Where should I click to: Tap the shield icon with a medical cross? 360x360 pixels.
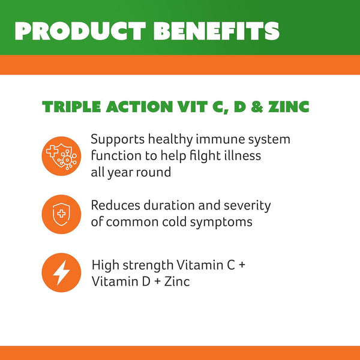61,214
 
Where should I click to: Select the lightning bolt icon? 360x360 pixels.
61,273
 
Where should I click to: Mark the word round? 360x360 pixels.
154,172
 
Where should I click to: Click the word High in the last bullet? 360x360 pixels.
104,265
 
